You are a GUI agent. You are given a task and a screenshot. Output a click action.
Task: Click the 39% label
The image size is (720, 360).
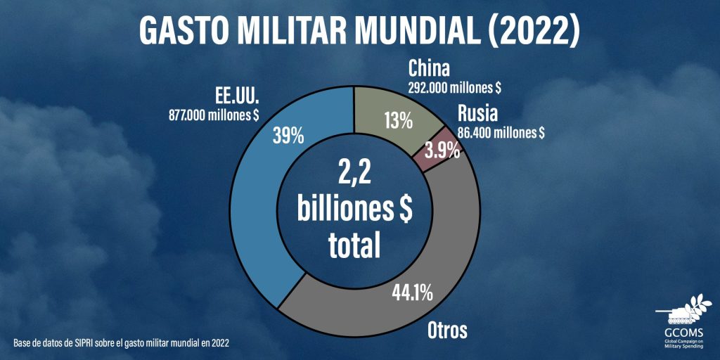(x=288, y=136)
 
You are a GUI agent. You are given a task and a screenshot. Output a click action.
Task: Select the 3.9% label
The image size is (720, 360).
(x=442, y=150)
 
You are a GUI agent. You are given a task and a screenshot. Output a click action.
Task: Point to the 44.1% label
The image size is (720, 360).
(x=412, y=292)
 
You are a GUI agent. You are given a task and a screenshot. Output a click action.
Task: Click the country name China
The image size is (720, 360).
(x=430, y=70)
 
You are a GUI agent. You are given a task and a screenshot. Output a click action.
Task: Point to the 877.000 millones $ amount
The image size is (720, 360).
(x=214, y=116)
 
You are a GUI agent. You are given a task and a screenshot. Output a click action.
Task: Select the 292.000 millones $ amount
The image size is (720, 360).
(x=454, y=88)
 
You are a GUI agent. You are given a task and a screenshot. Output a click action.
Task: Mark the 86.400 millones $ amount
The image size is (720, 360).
(x=501, y=133)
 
